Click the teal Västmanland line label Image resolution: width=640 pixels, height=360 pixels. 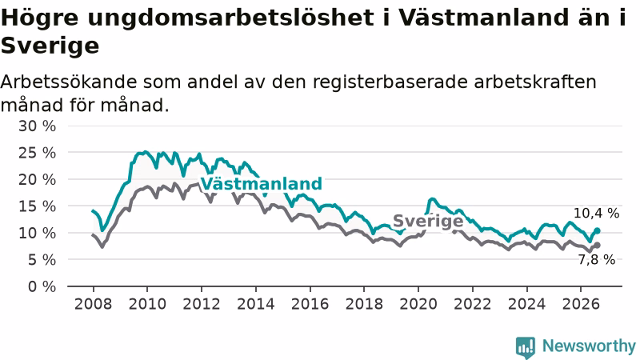coord(262,184)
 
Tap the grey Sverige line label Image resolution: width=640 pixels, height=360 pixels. coord(428,221)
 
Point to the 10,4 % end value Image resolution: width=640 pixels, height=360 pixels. coord(596,213)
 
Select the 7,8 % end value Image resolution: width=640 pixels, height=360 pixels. coord(596,259)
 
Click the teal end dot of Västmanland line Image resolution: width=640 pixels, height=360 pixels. coord(598,230)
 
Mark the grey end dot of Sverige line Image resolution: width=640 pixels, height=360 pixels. coord(598,245)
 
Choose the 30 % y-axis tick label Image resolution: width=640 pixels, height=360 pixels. coord(37,126)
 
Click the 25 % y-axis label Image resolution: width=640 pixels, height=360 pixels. coord(37,153)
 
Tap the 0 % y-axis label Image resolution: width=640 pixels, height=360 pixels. coord(42,286)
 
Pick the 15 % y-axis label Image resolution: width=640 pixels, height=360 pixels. coord(37,206)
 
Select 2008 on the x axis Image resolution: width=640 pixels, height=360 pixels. coord(93,304)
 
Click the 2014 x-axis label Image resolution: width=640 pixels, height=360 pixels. coord(256,304)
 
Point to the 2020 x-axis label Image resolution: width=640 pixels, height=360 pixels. coord(418,304)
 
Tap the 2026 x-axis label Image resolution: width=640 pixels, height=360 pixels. coord(581,304)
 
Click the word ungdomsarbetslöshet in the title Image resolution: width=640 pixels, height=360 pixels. coord(231,18)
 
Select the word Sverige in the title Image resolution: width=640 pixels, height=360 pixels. coord(50,46)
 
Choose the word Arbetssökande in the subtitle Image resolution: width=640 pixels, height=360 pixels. coord(69,82)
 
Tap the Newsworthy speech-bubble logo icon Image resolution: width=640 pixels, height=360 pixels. coord(526,347)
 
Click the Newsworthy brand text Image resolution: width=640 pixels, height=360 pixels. coord(589,346)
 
